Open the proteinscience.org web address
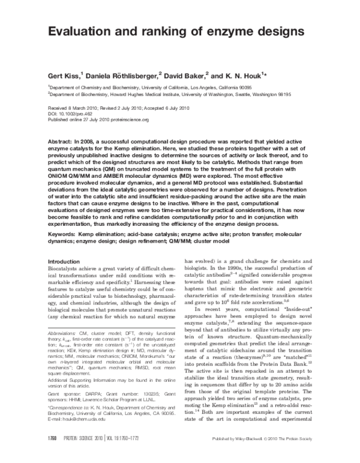pyautogui.click(x=127, y=120)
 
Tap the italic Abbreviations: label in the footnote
pyautogui.click(x=63, y=332)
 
